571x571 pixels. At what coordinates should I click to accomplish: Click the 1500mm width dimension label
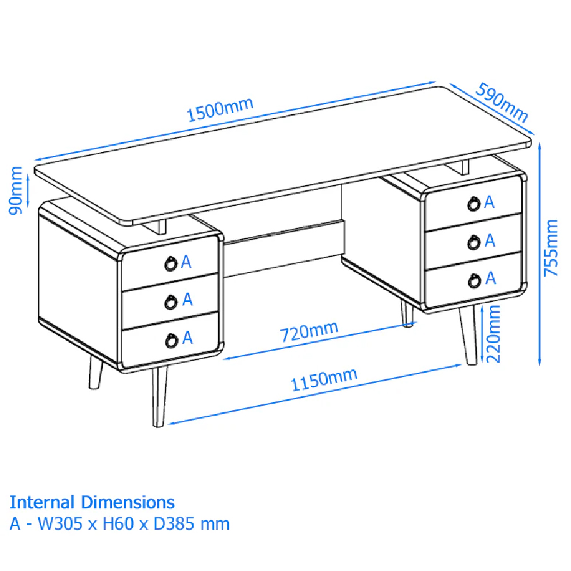(220, 109)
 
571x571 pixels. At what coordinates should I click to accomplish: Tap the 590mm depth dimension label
(502, 102)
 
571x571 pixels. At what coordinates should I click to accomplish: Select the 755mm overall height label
(550, 248)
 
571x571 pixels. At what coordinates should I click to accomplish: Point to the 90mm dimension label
(15, 191)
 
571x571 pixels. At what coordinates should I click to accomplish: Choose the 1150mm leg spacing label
(324, 379)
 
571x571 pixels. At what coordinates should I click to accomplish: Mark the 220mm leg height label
(494, 334)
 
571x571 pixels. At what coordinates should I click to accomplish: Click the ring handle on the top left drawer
(171, 264)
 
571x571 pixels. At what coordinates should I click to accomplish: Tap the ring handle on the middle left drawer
(171, 302)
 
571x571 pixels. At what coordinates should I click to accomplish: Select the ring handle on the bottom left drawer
(171, 340)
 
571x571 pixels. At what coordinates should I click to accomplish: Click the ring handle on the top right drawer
(474, 204)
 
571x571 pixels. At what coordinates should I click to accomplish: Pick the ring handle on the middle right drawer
(474, 242)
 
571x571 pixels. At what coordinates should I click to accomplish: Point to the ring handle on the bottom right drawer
(474, 280)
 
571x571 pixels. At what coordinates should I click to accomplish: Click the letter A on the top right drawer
(489, 202)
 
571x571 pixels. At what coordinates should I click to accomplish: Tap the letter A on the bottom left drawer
(187, 338)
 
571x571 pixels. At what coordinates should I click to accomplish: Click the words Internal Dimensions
(92, 502)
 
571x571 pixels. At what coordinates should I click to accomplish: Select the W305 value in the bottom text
(60, 524)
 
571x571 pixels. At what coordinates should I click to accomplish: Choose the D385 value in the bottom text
(174, 524)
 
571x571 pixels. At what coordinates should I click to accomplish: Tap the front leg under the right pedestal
(469, 335)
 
